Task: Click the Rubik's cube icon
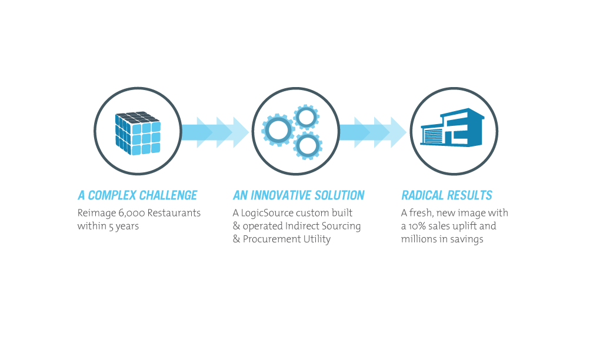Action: (x=138, y=132)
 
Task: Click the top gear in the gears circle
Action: (x=306, y=117)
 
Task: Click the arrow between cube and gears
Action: (x=215, y=132)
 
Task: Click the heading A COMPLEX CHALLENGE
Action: (x=137, y=195)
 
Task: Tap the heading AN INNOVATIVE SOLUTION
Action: (x=298, y=195)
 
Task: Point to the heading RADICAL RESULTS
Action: (x=447, y=195)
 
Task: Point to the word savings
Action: (x=467, y=239)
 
